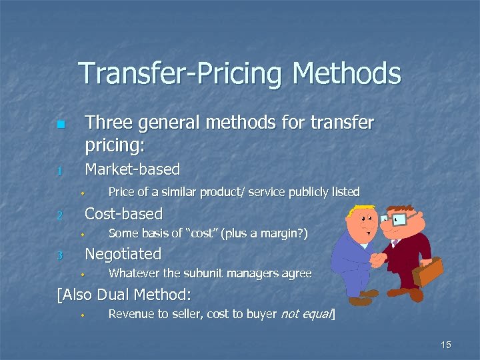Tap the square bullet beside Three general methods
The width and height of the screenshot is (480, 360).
click(x=61, y=125)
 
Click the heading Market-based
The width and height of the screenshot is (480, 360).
click(x=133, y=169)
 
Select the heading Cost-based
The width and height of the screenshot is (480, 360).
click(x=123, y=214)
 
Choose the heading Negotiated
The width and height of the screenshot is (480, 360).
click(x=123, y=254)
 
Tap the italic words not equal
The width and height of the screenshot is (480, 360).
click(x=309, y=314)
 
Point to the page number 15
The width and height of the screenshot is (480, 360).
click(x=446, y=345)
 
